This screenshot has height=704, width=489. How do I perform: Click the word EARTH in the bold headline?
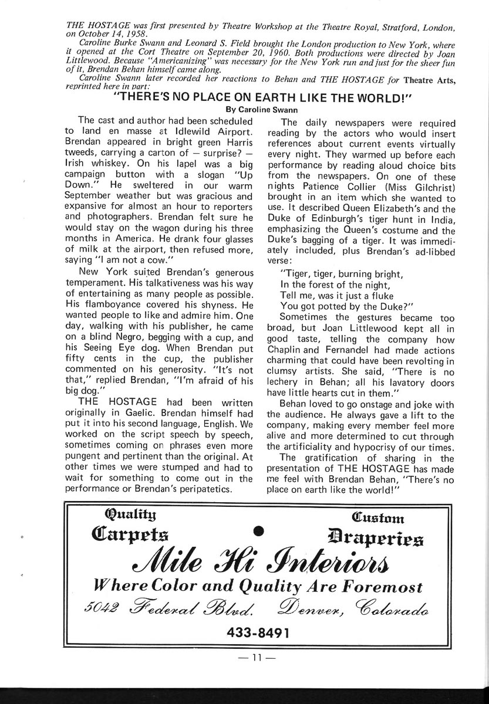(274, 97)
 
